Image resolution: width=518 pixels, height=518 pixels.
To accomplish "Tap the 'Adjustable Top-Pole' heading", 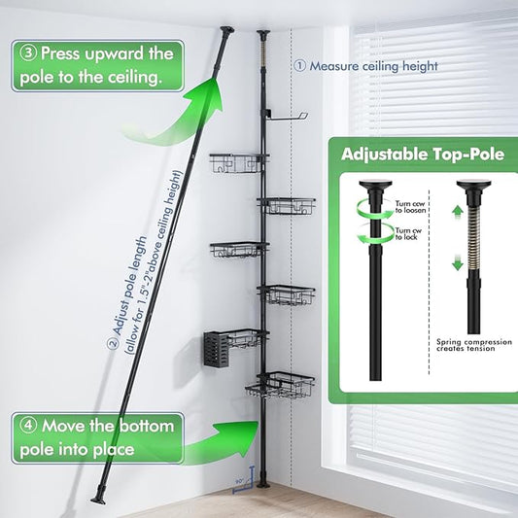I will [x=420, y=154].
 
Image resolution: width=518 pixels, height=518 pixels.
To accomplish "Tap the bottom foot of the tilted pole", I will [x=99, y=498].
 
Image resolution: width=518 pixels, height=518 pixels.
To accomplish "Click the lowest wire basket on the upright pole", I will [x=284, y=386].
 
